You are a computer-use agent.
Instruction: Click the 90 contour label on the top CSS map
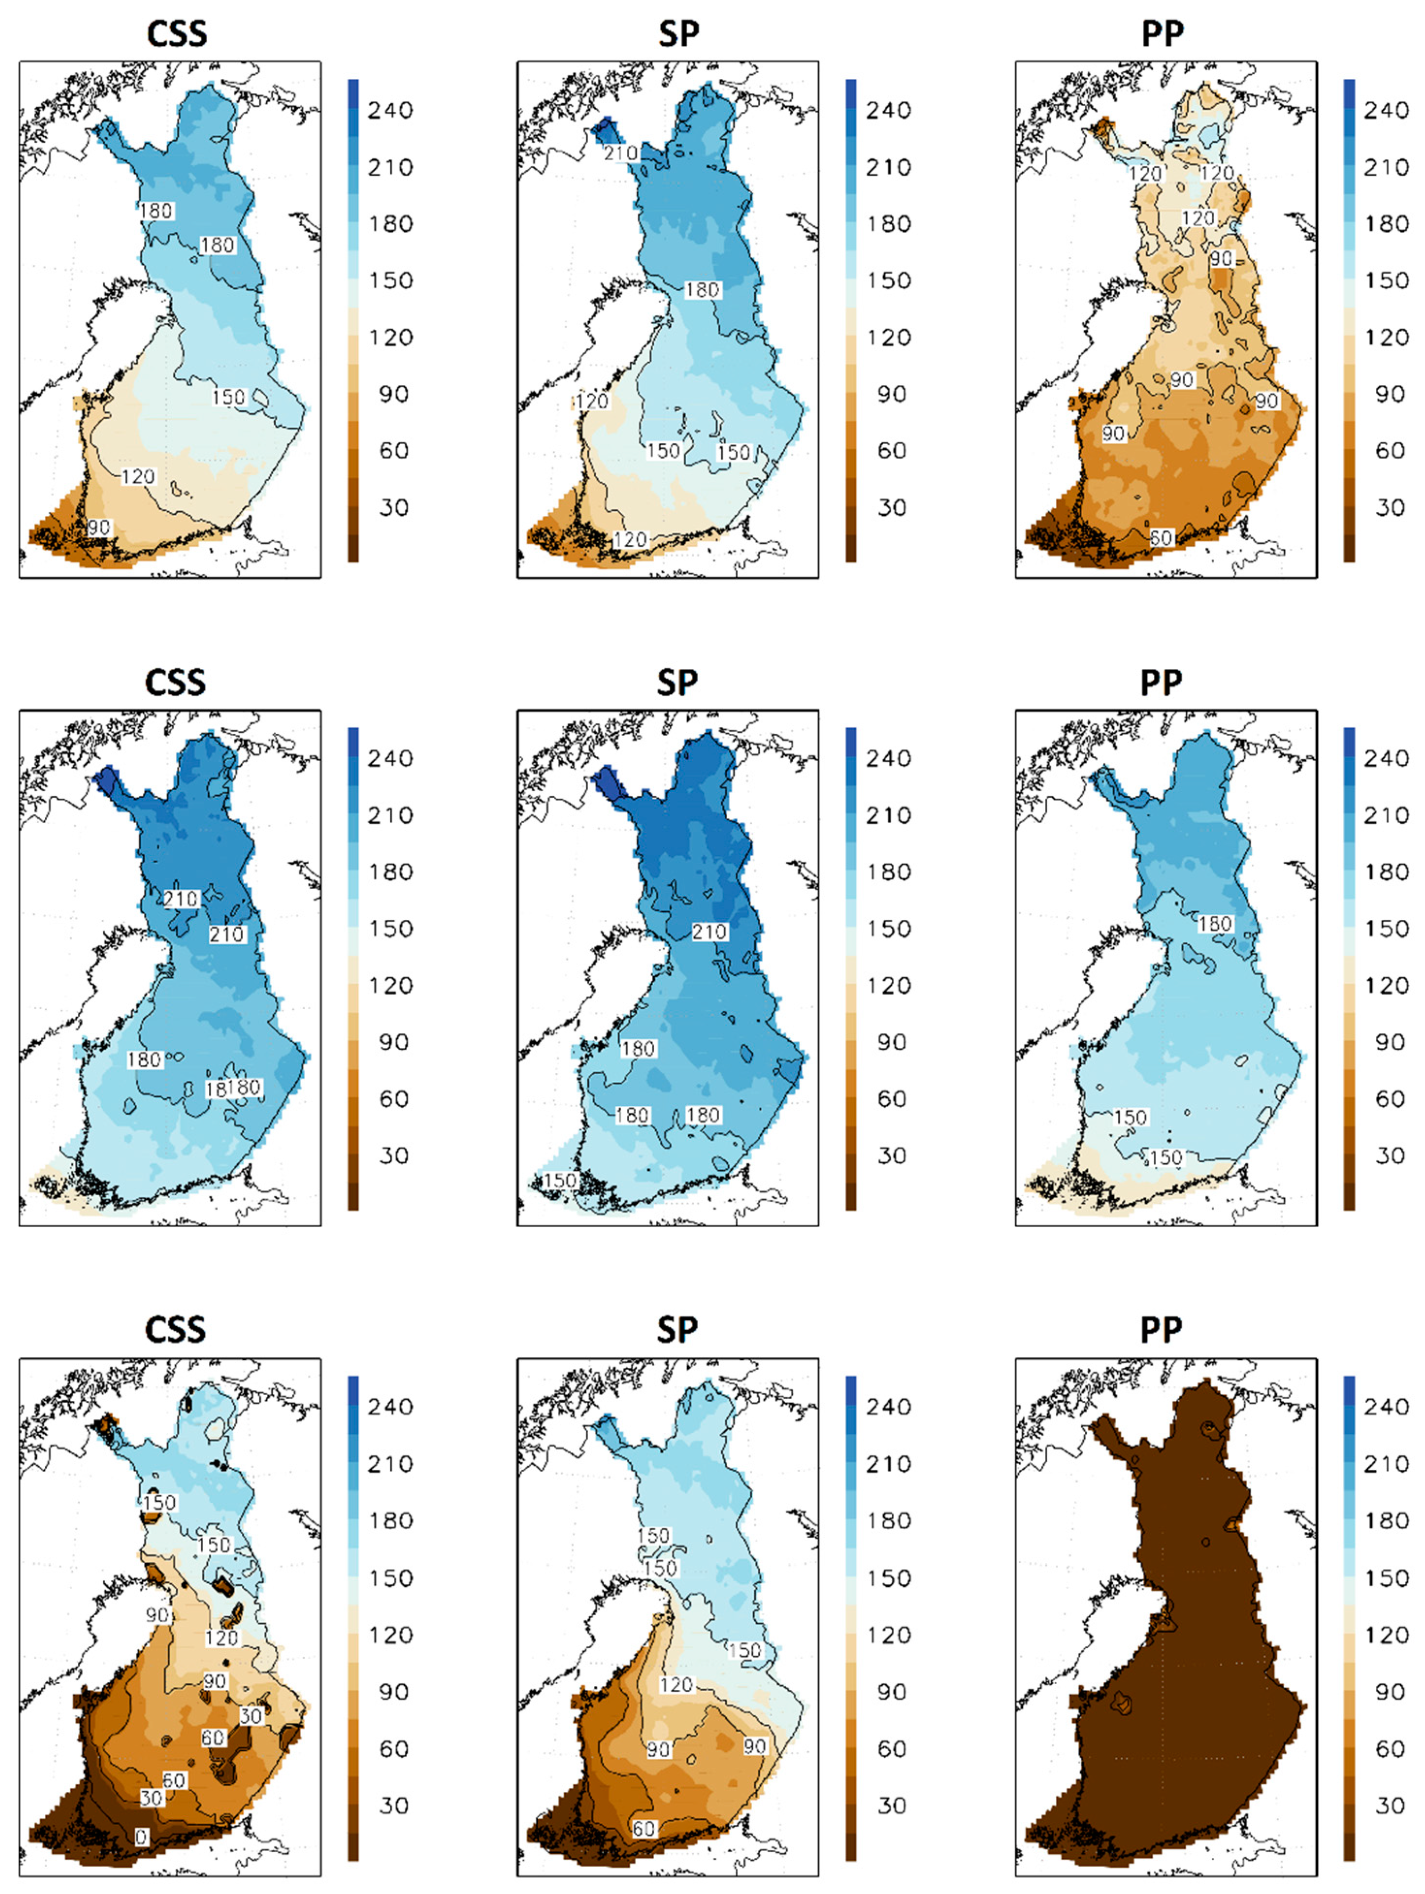coord(98,527)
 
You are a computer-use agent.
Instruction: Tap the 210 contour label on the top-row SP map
coord(619,153)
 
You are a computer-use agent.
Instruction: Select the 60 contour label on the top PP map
coord(1161,538)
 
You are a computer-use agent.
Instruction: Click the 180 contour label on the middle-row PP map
coord(1214,924)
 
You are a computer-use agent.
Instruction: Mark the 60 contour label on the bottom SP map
coord(643,1828)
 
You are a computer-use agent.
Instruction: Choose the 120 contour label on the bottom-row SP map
coord(676,1684)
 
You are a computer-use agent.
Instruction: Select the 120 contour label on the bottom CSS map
coord(221,1638)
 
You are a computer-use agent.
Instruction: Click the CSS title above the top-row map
coord(176,33)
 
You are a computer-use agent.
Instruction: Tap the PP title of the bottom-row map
coord(1161,1330)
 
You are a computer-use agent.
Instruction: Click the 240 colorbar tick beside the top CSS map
coord(390,110)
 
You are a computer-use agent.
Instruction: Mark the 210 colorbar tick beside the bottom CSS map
coord(390,1463)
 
